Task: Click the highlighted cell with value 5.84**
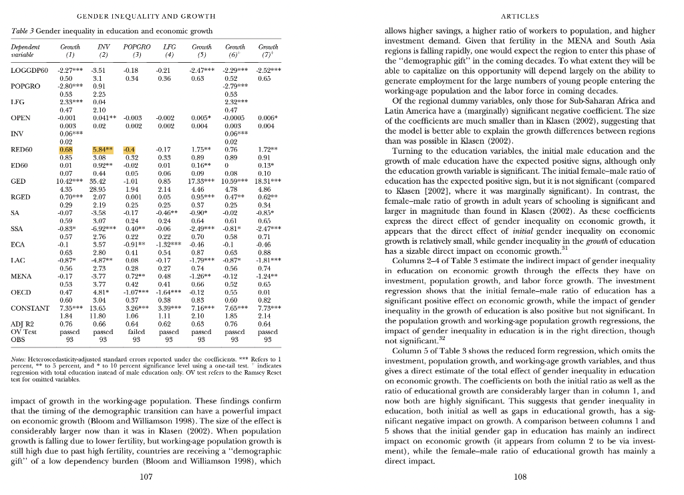coord(100,150)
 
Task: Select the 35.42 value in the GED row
coord(100,181)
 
